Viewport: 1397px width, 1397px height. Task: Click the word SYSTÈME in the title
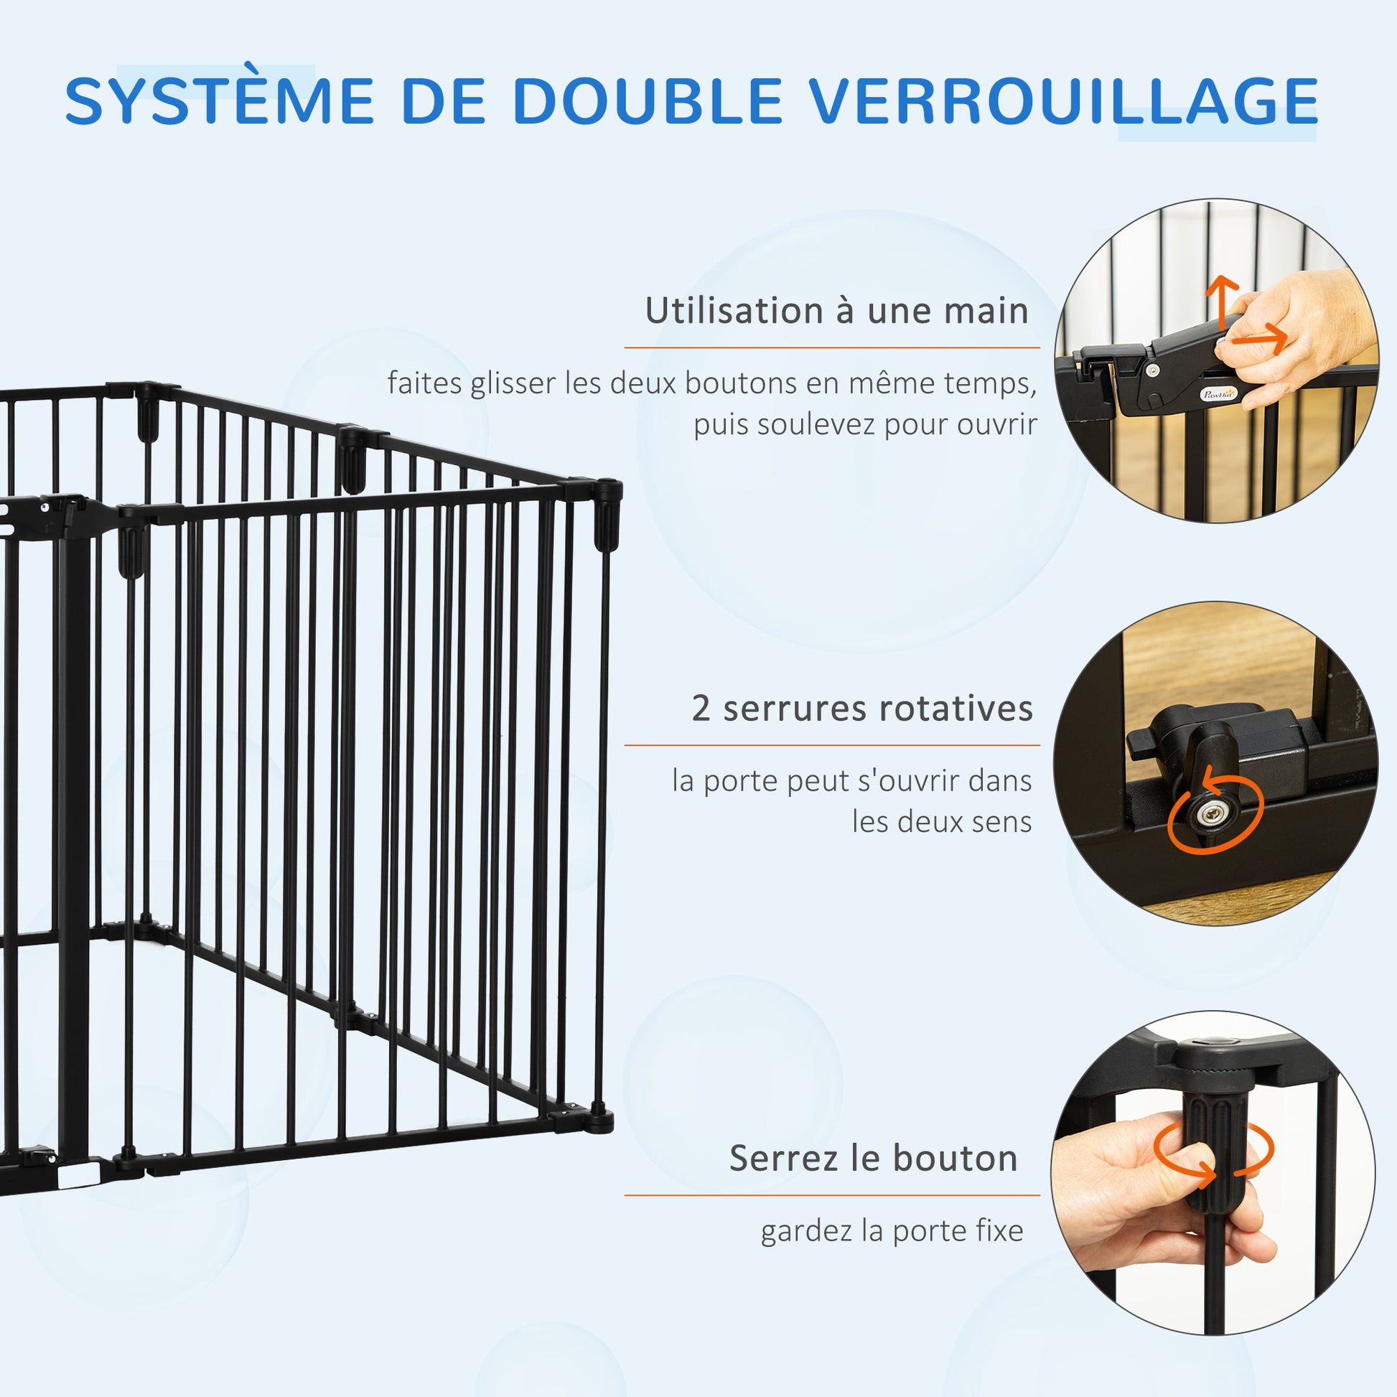220,100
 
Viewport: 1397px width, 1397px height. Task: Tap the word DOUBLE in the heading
647,100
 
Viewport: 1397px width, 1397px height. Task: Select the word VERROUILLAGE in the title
1064,100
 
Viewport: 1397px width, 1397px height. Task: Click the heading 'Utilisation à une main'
836,311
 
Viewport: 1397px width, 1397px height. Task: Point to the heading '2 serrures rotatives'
862,708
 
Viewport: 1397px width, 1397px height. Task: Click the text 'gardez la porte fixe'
892,1230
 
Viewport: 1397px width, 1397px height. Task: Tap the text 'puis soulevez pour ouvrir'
866,424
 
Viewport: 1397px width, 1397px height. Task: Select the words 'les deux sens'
941,821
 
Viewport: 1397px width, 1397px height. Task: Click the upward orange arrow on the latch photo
1222,304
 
